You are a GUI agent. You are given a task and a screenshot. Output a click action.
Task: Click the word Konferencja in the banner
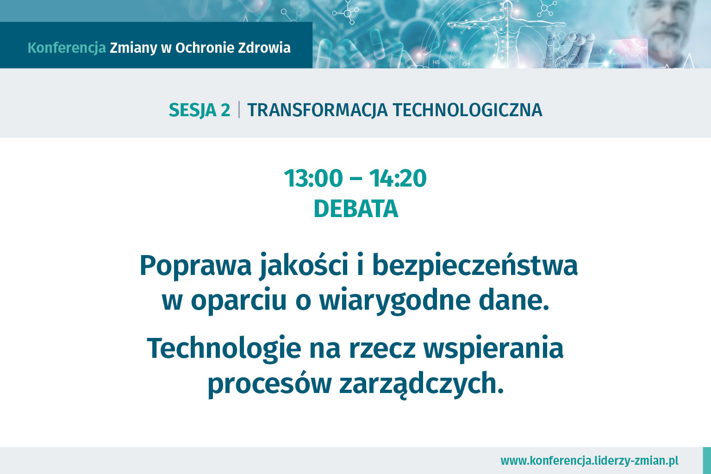click(67, 48)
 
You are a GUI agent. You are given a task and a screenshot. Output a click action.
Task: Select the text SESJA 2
click(200, 110)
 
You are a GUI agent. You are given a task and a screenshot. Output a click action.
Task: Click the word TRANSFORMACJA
click(318, 110)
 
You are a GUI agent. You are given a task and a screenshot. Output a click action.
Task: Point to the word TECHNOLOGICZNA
click(468, 110)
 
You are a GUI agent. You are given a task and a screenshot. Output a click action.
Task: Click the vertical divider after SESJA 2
click(239, 110)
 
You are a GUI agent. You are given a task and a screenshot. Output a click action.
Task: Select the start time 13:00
click(313, 178)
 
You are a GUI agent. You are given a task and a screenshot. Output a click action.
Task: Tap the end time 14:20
click(398, 178)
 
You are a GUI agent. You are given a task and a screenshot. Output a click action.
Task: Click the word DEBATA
click(356, 209)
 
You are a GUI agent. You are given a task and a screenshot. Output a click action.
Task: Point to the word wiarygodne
click(394, 301)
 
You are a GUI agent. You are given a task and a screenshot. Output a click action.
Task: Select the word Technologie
click(224, 349)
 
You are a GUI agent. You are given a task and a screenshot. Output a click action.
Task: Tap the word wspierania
click(493, 349)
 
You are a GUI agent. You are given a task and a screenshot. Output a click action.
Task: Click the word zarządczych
click(422, 384)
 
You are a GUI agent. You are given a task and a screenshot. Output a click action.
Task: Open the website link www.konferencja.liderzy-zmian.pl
click(589, 461)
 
